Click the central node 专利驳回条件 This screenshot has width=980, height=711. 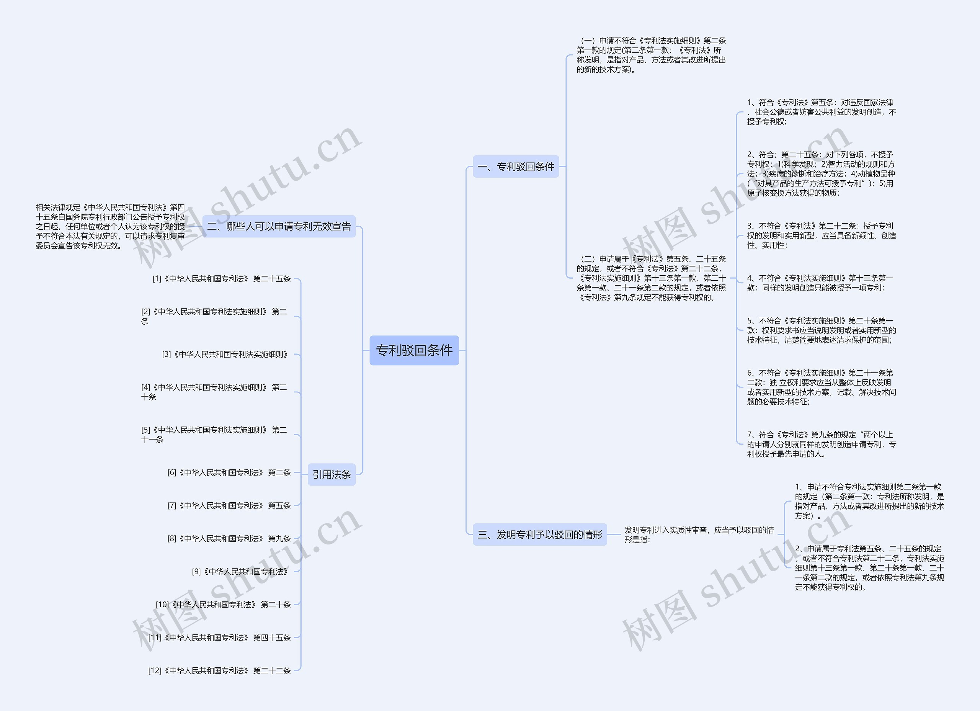click(x=414, y=350)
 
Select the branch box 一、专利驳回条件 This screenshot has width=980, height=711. click(x=516, y=167)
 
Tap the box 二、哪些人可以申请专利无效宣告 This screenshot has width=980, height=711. click(x=279, y=226)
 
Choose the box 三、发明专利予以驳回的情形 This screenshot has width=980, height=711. click(x=540, y=534)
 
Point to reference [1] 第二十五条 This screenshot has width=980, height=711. click(x=221, y=279)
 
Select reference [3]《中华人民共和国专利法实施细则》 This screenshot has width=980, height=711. click(x=225, y=355)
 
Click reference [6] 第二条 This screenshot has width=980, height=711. click(x=229, y=472)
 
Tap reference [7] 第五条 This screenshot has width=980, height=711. click(x=229, y=505)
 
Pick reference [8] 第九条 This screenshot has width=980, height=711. click(x=229, y=539)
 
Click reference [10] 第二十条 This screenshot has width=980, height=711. click(x=223, y=605)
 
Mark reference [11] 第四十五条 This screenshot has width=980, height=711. click(x=219, y=637)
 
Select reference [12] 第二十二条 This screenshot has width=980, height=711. click(x=219, y=671)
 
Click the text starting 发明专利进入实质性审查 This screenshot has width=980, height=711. click(x=699, y=534)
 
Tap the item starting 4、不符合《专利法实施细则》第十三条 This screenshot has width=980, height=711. click(x=820, y=283)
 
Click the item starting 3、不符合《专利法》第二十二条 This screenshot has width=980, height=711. click(x=821, y=235)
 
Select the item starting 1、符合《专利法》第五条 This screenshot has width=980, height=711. click(x=821, y=112)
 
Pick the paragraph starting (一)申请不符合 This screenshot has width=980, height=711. click(x=651, y=55)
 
